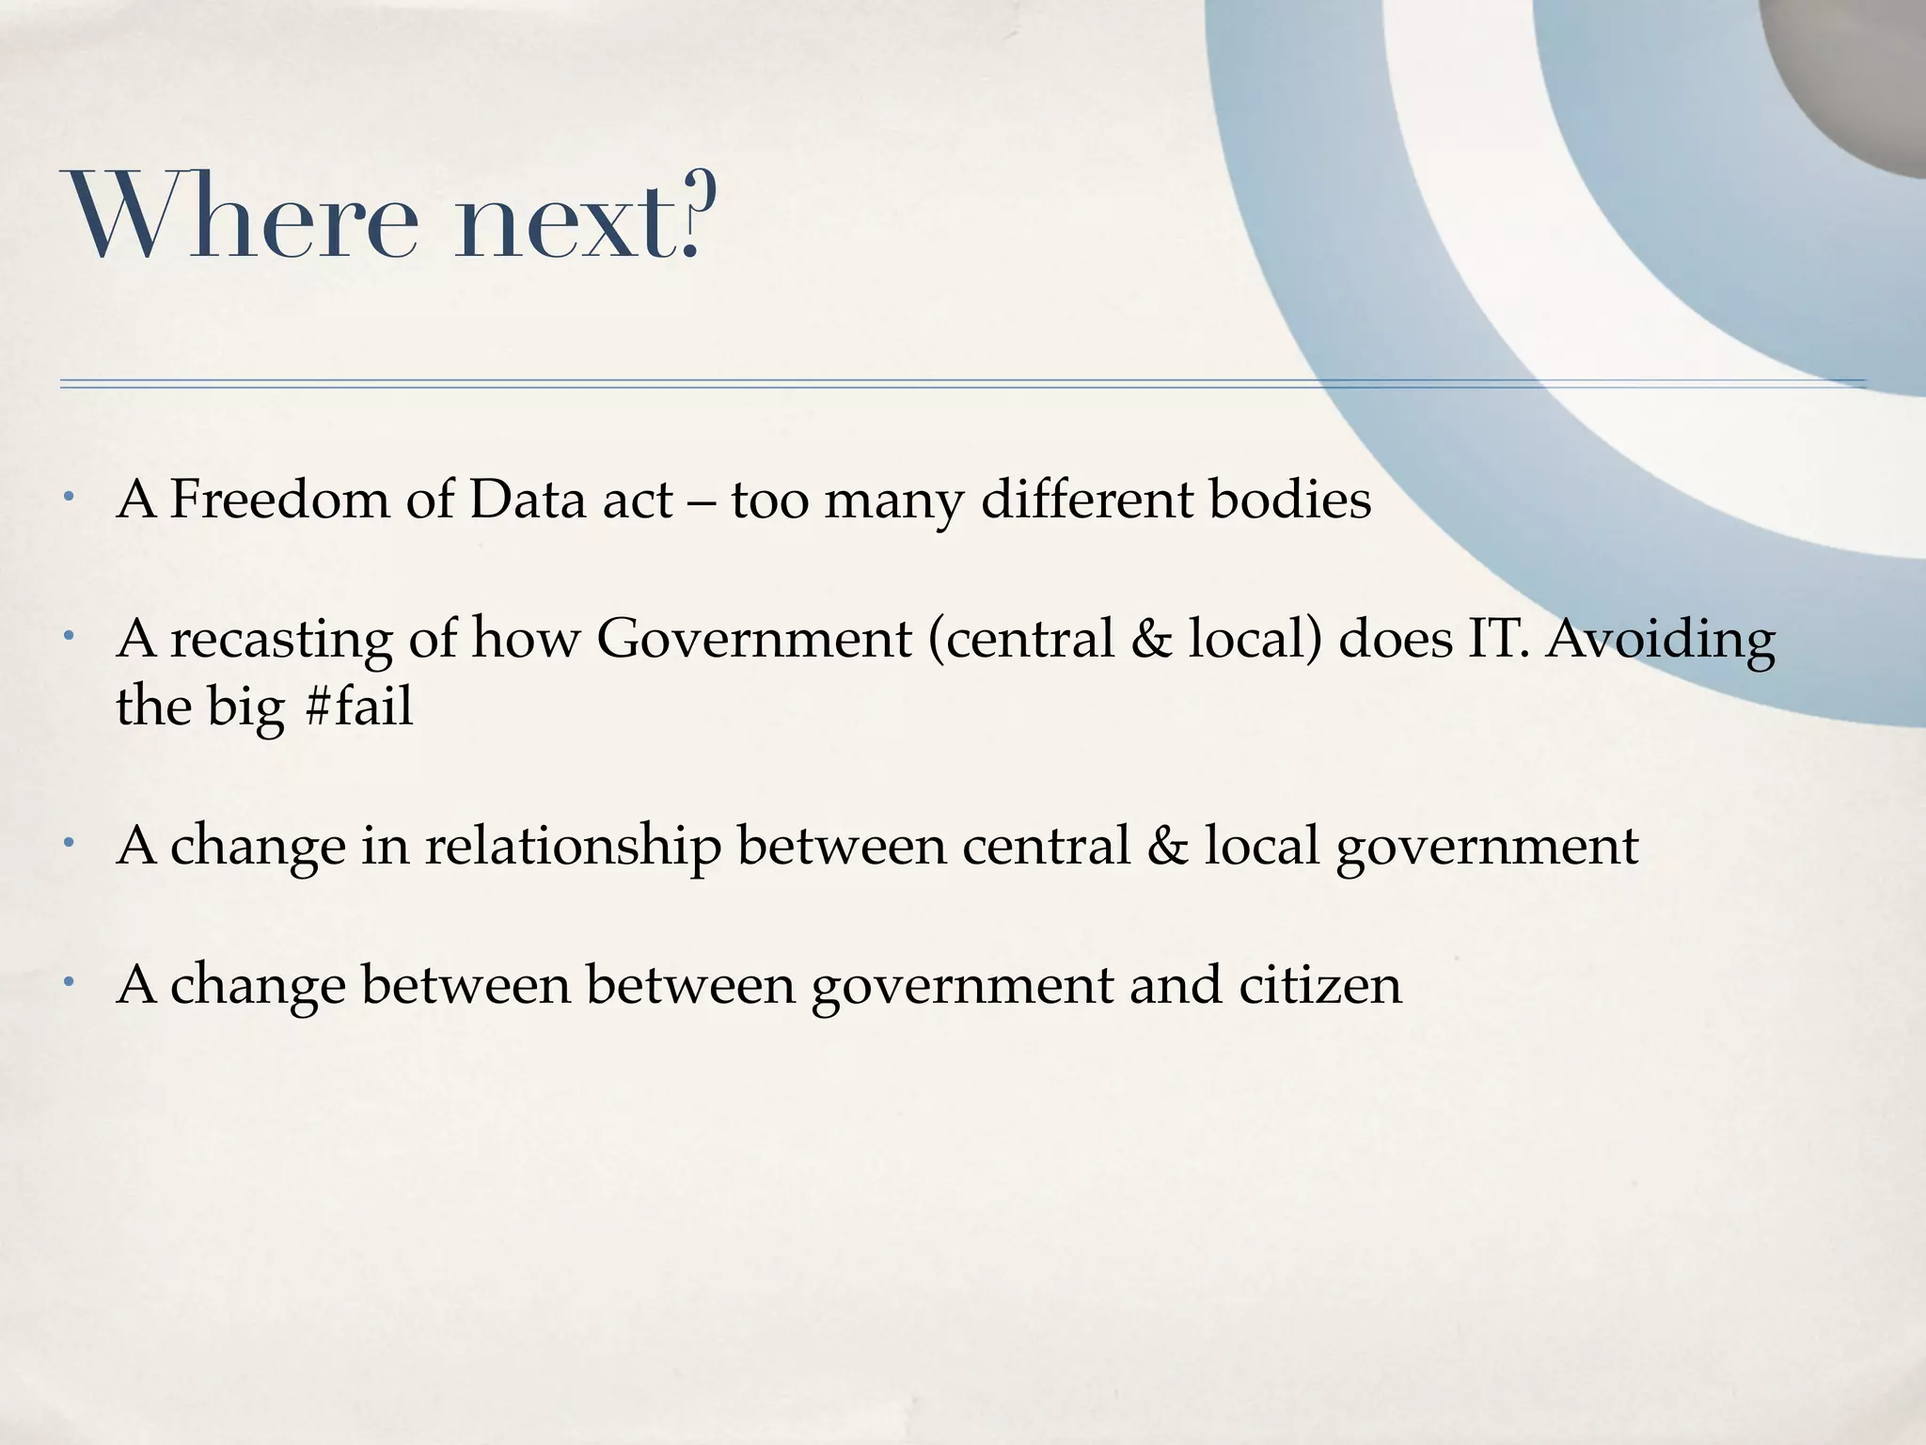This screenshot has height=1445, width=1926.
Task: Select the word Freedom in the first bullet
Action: [279, 499]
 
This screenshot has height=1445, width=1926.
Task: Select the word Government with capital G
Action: [753, 638]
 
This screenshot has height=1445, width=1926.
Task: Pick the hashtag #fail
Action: [359, 707]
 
